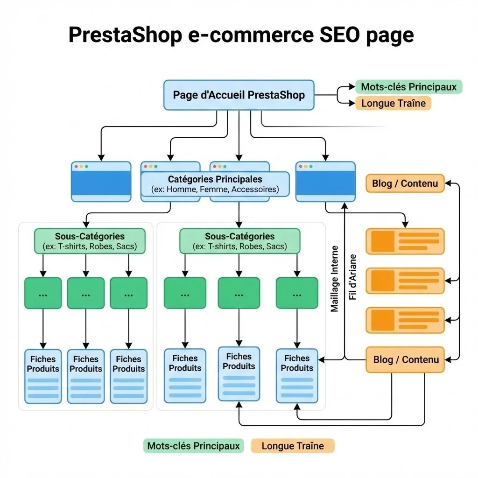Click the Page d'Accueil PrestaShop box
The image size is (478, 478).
pyautogui.click(x=239, y=95)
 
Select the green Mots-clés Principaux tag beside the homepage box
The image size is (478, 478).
pyautogui.click(x=408, y=87)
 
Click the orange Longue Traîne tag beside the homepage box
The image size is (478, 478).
pyautogui.click(x=393, y=103)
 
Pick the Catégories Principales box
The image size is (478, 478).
pyautogui.click(x=215, y=184)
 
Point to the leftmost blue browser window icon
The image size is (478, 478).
pyautogui.click(x=101, y=182)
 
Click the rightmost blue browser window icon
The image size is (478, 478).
pyautogui.click(x=325, y=182)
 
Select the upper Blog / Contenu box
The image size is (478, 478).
pyautogui.click(x=405, y=183)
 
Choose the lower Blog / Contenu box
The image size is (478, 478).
pyautogui.click(x=405, y=359)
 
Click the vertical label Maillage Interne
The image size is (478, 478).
pyautogui.click(x=335, y=279)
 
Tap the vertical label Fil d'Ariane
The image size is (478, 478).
pyautogui.click(x=353, y=277)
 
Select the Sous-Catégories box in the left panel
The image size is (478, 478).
pyautogui.click(x=90, y=241)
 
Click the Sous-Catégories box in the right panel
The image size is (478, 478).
pyautogui.click(x=239, y=241)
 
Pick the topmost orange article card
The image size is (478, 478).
pyautogui.click(x=405, y=241)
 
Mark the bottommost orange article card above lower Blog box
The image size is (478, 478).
pyautogui.click(x=405, y=320)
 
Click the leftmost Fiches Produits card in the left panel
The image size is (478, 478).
pyautogui.click(x=43, y=376)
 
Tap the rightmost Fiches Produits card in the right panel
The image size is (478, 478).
pyautogui.click(x=297, y=376)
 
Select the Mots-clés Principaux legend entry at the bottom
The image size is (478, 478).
pyautogui.click(x=193, y=446)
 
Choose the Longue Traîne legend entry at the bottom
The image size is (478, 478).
pyautogui.click(x=293, y=446)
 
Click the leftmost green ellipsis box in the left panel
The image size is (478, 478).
pyautogui.click(x=43, y=293)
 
